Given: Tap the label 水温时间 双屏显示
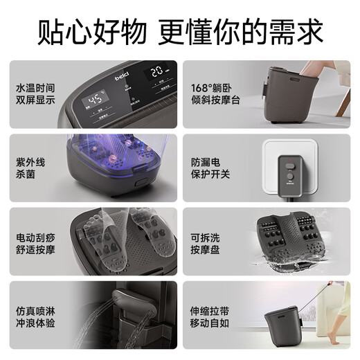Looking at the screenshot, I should click(x=35, y=96).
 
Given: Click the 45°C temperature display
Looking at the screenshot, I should click(x=96, y=101).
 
